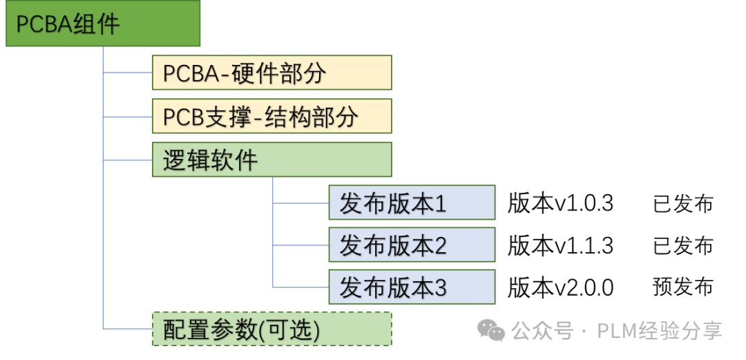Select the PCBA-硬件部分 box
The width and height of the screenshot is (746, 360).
pyautogui.click(x=271, y=73)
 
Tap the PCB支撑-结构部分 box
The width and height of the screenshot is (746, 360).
pyautogui.click(x=271, y=116)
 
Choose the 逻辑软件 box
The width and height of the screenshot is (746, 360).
pyautogui.click(x=271, y=160)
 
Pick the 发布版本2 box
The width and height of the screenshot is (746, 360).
pyautogui.click(x=412, y=245)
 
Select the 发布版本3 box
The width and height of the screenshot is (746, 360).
pyautogui.click(x=412, y=287)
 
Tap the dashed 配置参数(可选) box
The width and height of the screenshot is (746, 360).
pyautogui.click(x=271, y=329)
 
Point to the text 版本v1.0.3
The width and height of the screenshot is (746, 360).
pyautogui.click(x=560, y=203)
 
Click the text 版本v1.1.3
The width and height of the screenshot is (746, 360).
pyautogui.click(x=560, y=246)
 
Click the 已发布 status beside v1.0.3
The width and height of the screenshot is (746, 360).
pyautogui.click(x=682, y=204)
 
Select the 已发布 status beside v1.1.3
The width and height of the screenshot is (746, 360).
pyautogui.click(x=682, y=246)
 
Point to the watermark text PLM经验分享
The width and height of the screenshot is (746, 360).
pyautogui.click(x=659, y=331)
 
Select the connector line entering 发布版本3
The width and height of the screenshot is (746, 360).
pyautogui.click(x=300, y=287)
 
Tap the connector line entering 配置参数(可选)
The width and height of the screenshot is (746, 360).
pyautogui.click(x=128, y=329)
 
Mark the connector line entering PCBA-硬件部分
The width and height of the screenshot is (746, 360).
pyautogui.click(x=128, y=73)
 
